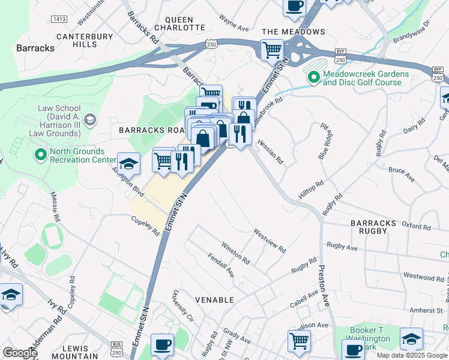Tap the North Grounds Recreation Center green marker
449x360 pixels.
tap(41, 155)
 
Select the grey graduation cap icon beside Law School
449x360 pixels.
tap(90, 119)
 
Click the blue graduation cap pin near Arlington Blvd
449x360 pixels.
tap(128, 163)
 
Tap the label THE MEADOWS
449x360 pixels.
tap(294, 31)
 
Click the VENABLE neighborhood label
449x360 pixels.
tap(214, 299)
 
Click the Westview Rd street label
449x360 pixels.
tap(269, 239)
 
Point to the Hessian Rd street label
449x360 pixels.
tap(270, 152)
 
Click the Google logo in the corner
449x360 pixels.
tap(20, 353)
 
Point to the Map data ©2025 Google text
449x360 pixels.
tap(412, 355)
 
